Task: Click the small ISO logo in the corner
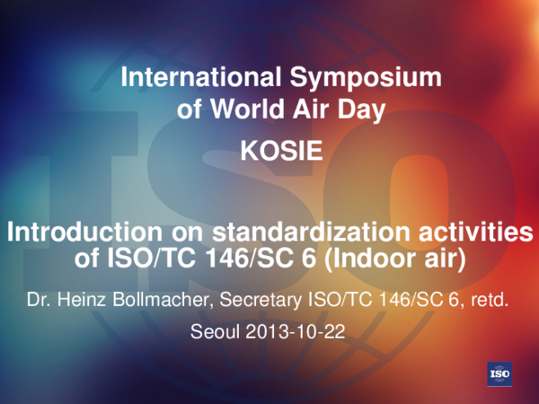[x=499, y=373]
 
